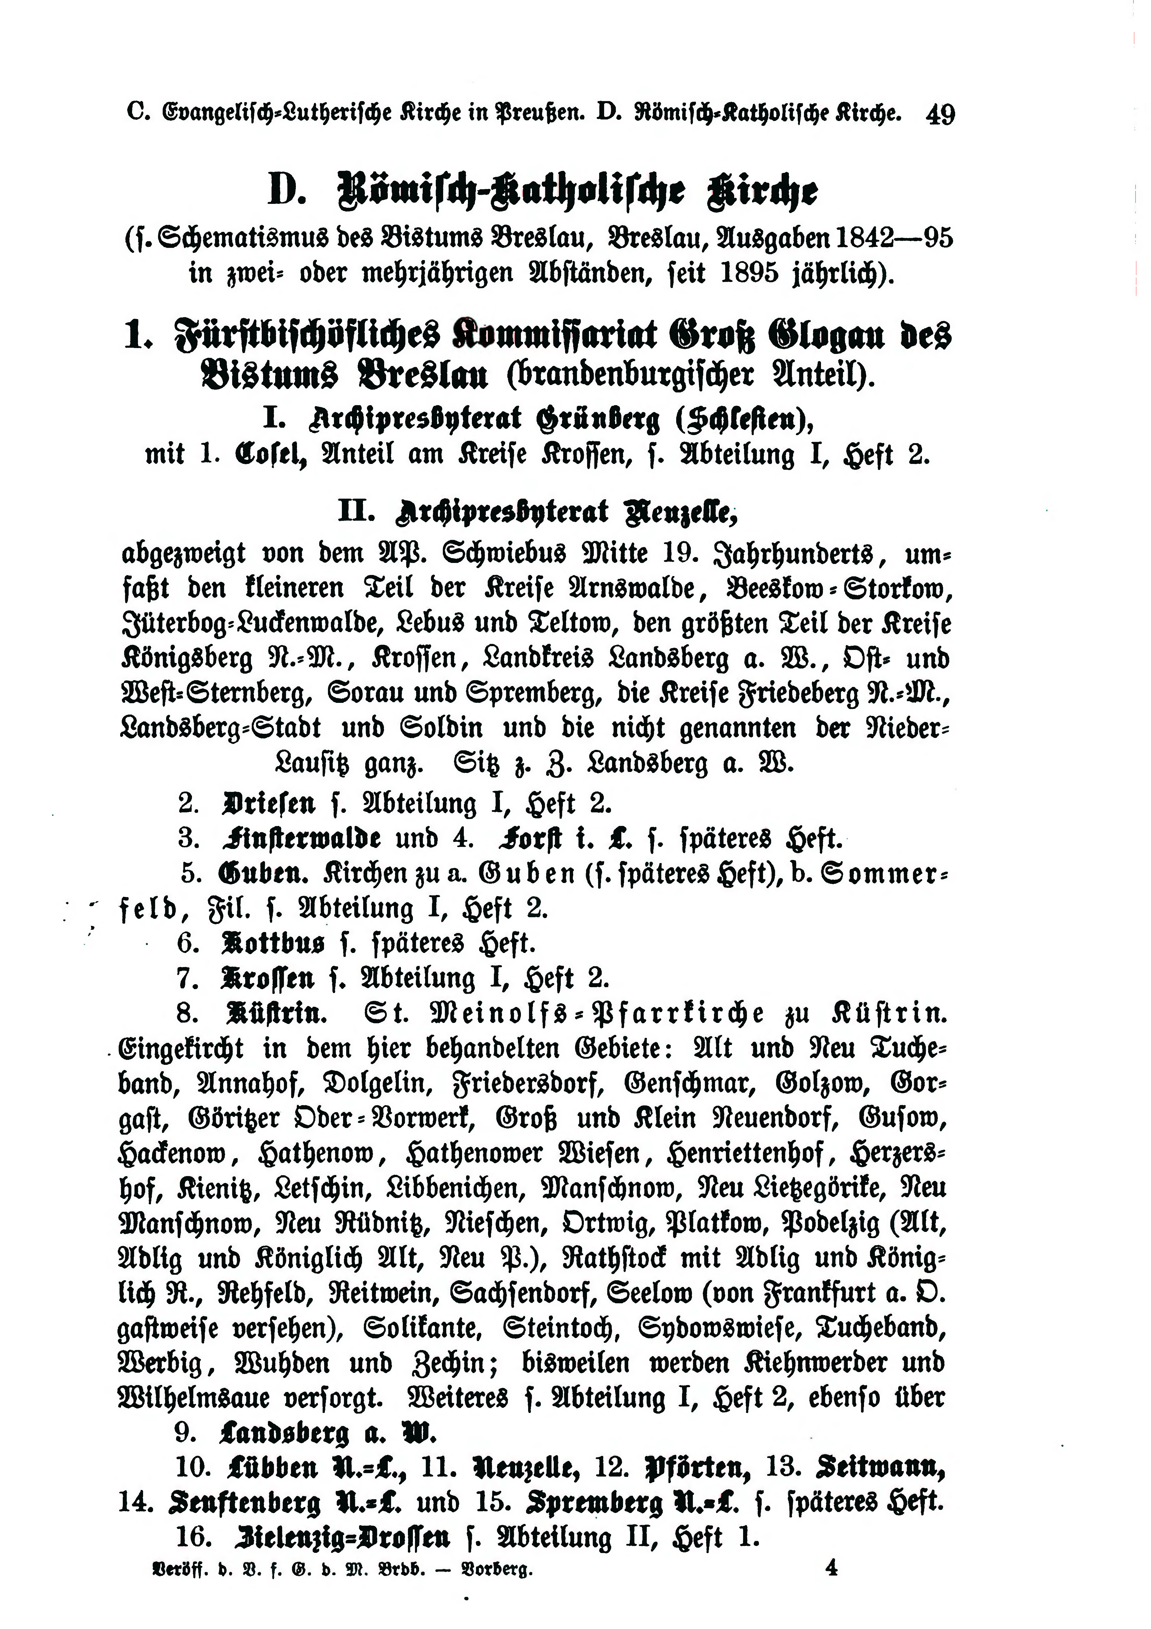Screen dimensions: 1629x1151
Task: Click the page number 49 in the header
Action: (x=940, y=113)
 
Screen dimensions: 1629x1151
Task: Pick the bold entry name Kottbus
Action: (x=273, y=943)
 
